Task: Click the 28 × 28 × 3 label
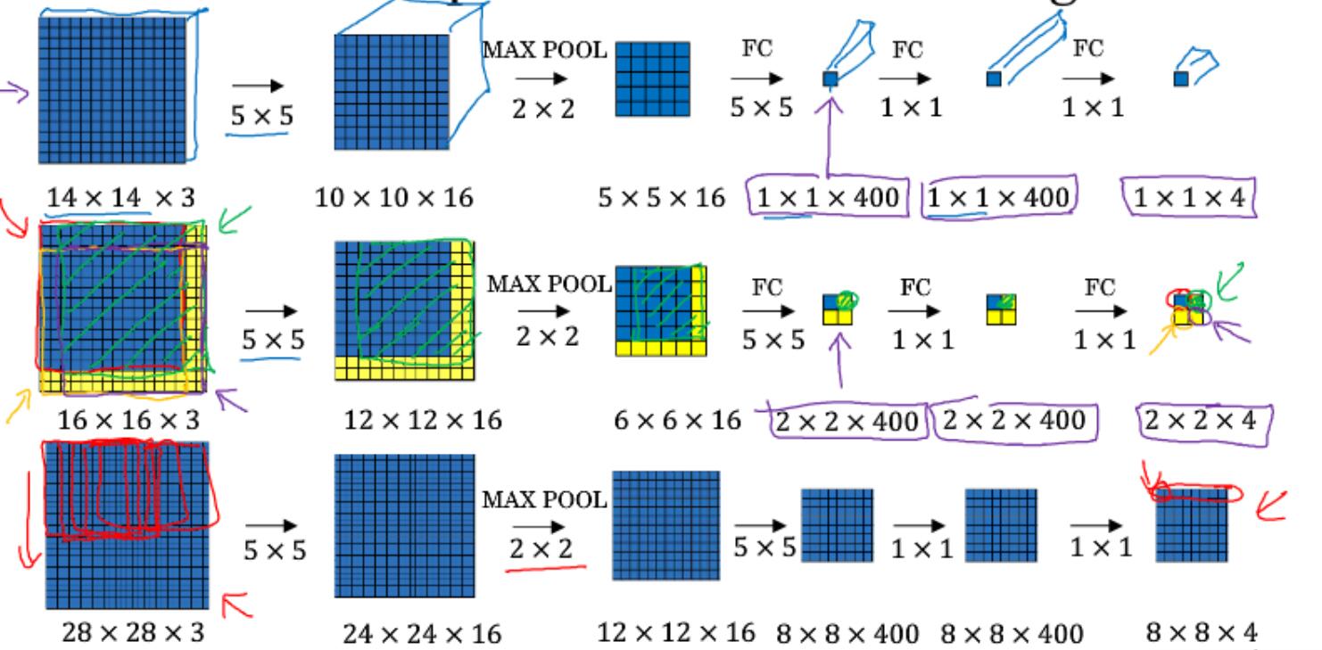click(132, 634)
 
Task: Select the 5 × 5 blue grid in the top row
click(653, 80)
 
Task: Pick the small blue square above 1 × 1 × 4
click(1180, 79)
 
